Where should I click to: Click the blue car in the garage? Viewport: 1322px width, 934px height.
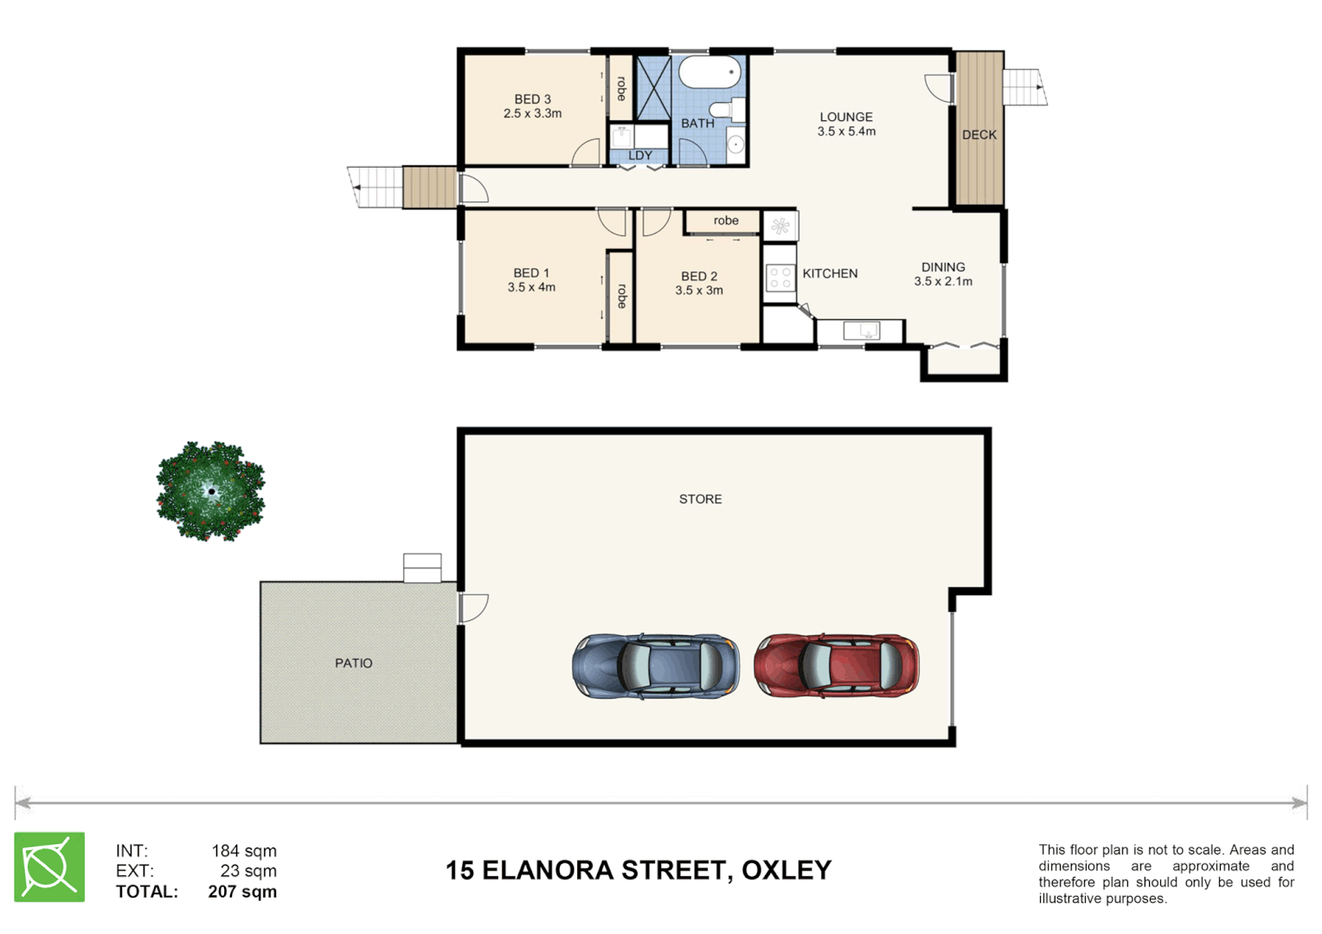coord(656,666)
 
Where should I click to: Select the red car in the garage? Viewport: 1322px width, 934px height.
coord(836,665)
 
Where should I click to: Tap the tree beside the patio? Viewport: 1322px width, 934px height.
coord(210,491)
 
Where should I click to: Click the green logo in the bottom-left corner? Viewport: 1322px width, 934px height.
coord(49,867)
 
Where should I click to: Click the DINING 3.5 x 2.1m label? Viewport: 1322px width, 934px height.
coord(943,274)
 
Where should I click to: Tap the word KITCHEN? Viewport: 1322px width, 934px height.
coord(830,273)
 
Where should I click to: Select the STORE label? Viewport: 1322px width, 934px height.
coord(700,499)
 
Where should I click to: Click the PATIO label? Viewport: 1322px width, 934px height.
coord(354,663)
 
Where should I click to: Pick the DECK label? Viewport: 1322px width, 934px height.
coord(979,135)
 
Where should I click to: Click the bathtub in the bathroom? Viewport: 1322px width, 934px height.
coord(709,73)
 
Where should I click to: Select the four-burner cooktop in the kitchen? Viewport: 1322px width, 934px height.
coord(780,278)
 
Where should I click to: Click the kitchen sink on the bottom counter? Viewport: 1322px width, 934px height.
coord(861,330)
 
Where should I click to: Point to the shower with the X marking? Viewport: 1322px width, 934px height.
coord(653,87)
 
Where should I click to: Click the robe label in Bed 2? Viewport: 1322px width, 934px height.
coord(726,221)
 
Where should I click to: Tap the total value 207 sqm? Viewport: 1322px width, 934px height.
coord(242,892)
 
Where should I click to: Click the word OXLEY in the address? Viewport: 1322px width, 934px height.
coord(786,870)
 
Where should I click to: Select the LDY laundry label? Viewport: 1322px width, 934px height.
coord(640,156)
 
